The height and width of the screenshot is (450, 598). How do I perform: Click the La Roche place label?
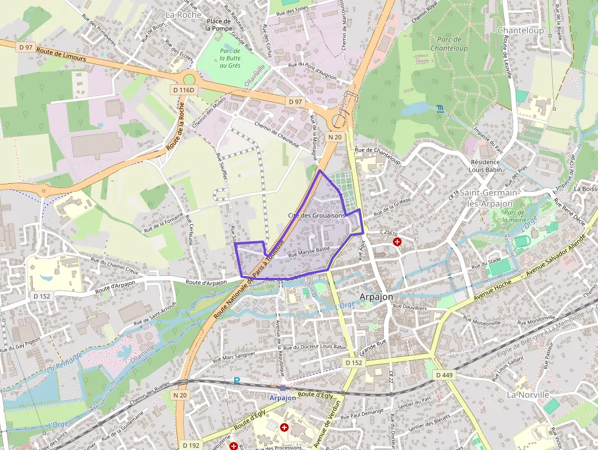point(183,14)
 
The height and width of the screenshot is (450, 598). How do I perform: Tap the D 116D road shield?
point(184,90)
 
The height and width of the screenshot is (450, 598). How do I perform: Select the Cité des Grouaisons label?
point(317,216)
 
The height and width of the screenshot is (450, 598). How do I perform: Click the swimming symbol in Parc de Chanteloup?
point(440,110)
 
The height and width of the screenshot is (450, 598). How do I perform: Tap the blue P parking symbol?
point(237,380)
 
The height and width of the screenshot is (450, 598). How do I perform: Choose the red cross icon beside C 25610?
point(397,242)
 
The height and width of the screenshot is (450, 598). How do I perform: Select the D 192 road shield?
point(191,445)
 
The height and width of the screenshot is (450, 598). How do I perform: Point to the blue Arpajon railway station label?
point(283,397)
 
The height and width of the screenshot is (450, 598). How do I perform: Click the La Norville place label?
point(528,394)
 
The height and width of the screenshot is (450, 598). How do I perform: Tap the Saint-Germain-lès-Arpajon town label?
point(491,198)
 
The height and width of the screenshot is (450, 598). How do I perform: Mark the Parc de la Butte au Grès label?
point(230,58)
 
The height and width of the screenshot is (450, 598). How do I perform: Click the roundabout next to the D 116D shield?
point(189,79)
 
